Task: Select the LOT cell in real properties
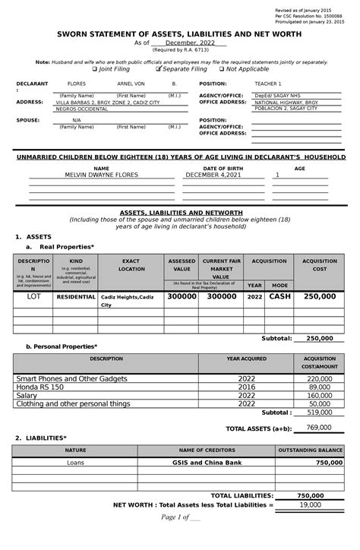33,297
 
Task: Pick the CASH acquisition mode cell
279,297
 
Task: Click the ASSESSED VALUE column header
182,265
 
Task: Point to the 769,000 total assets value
320,428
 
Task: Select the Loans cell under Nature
75,462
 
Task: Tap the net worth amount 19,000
309,504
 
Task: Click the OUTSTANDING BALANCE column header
310,450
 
